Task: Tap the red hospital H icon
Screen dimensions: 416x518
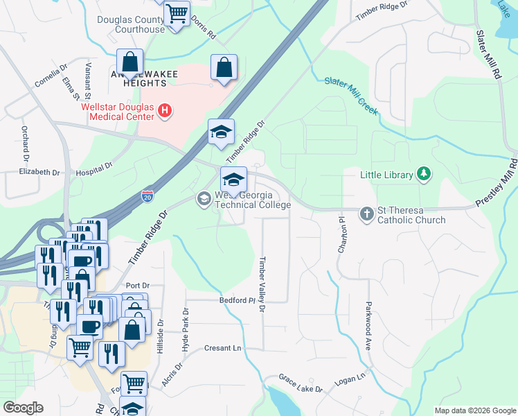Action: click(x=164, y=110)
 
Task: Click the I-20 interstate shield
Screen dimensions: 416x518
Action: click(x=148, y=196)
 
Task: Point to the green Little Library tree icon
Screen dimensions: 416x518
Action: click(x=424, y=175)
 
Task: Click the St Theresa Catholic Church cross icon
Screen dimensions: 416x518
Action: click(x=367, y=214)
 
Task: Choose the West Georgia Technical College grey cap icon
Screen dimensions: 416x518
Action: click(x=204, y=200)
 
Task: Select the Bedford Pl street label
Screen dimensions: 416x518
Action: click(x=219, y=301)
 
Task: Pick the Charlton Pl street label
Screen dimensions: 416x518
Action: click(x=341, y=234)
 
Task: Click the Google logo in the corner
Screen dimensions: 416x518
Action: click(x=23, y=408)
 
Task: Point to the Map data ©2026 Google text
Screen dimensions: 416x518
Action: click(x=474, y=410)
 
